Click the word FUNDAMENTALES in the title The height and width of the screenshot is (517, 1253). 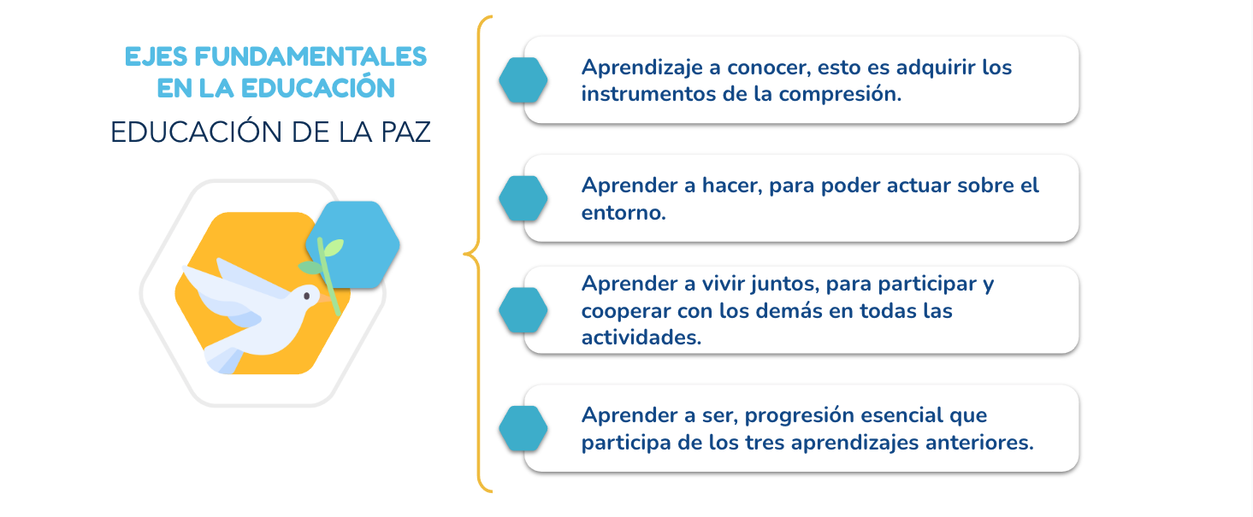click(x=310, y=57)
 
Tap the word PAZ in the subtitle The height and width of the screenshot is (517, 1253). click(x=405, y=132)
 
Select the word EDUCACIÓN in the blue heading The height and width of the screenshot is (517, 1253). click(x=317, y=88)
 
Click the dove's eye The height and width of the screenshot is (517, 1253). click(x=306, y=297)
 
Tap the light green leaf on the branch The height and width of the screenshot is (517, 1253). click(x=334, y=247)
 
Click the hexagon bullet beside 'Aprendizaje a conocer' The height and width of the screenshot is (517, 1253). click(x=523, y=80)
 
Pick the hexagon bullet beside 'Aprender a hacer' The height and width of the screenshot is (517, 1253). click(x=523, y=198)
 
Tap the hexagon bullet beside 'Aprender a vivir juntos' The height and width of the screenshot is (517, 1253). click(x=523, y=310)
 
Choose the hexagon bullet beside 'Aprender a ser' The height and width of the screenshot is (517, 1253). click(x=523, y=429)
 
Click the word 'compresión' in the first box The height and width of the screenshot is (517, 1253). click(x=840, y=95)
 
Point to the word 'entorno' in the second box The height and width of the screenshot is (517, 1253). click(x=624, y=213)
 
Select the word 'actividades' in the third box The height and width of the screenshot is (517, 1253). click(x=641, y=338)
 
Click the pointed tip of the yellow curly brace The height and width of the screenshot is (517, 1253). click(x=464, y=255)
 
